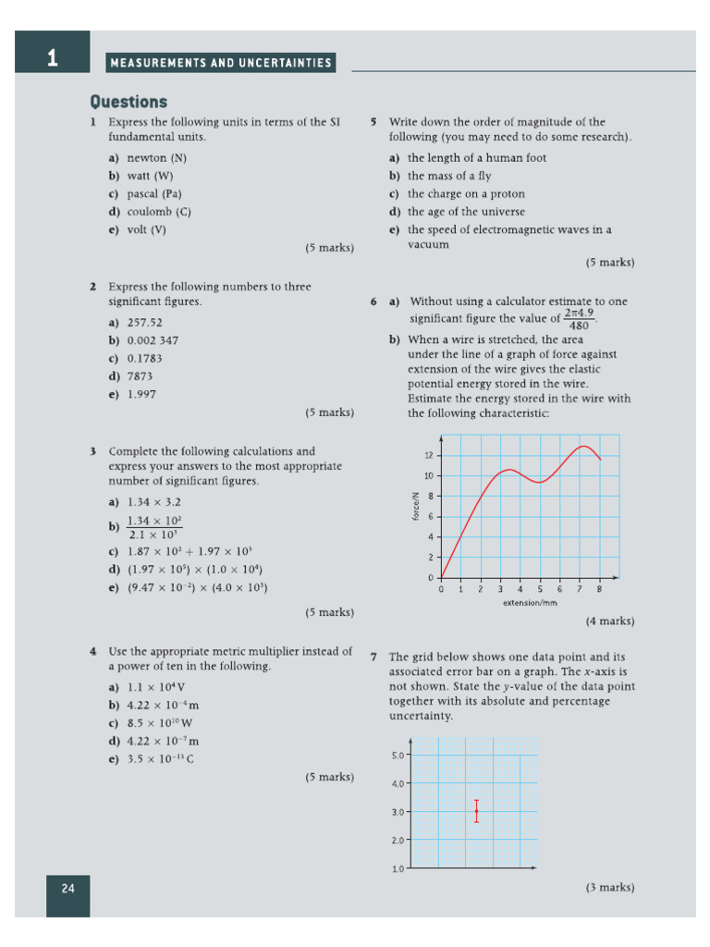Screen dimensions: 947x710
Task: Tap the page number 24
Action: (x=67, y=889)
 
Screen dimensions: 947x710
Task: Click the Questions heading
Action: (x=129, y=102)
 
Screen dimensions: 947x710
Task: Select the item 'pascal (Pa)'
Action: (x=153, y=194)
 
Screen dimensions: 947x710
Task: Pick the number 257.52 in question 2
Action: (x=144, y=323)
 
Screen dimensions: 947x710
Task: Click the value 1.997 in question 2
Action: (x=141, y=394)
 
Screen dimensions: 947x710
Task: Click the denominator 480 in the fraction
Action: (x=579, y=326)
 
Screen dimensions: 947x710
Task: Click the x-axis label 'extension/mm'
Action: (x=531, y=602)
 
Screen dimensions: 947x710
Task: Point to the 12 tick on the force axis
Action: (x=428, y=456)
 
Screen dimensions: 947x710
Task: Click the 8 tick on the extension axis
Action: (x=599, y=589)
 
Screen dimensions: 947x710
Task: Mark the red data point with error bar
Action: (x=476, y=811)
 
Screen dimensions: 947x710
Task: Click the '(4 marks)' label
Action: (x=609, y=621)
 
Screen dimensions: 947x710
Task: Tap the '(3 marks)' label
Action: (x=609, y=887)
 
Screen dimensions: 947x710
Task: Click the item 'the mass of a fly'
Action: (x=449, y=176)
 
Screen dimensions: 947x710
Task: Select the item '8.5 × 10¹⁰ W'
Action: (x=160, y=723)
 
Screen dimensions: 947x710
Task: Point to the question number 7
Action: (x=373, y=657)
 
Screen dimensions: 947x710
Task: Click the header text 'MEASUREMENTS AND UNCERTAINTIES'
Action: (x=220, y=63)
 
